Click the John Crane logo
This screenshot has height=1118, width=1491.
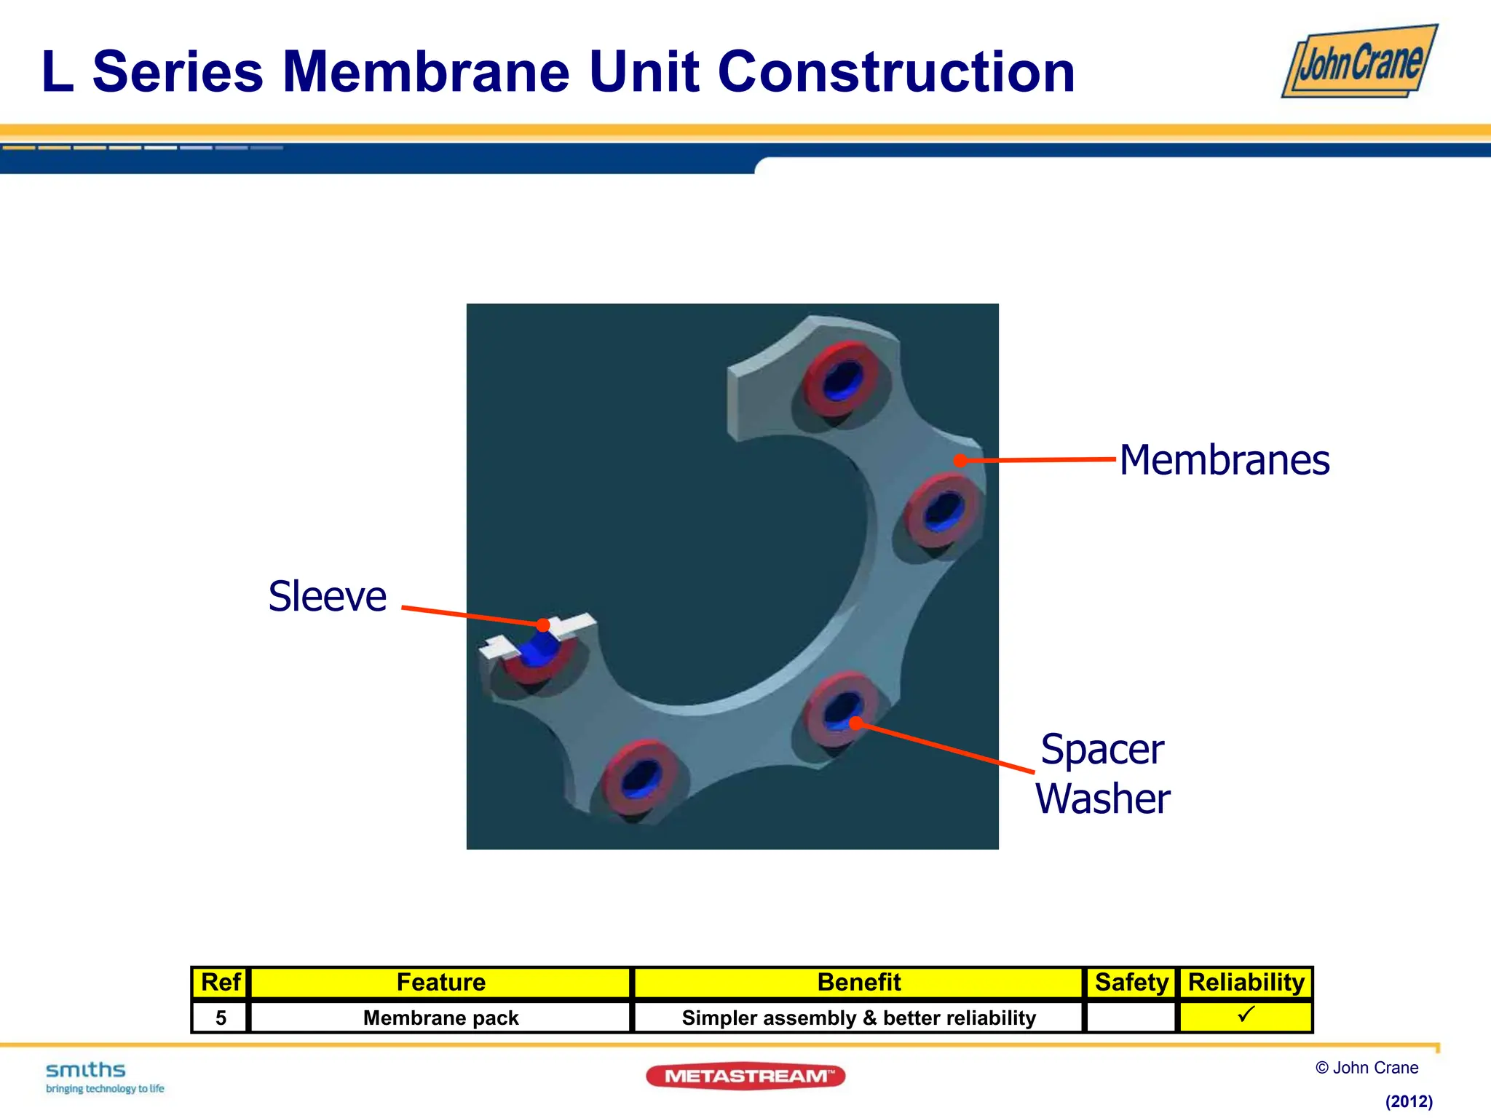1359,61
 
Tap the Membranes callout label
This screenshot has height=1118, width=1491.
1224,460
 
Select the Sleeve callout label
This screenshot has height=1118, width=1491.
327,596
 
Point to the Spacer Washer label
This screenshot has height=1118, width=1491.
1102,774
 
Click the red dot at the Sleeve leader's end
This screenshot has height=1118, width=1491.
543,625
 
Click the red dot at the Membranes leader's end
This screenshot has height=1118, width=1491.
960,461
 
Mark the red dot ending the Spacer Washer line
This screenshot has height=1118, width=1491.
856,723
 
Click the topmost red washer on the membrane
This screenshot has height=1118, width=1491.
843,379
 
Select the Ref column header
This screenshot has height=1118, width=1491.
220,983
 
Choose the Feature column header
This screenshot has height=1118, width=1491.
440,983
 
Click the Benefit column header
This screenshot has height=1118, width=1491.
858,983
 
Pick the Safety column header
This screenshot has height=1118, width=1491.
1131,983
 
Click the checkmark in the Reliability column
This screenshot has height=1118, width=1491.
1246,1014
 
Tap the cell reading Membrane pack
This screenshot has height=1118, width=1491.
440,1018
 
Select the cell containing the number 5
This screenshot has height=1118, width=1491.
220,1018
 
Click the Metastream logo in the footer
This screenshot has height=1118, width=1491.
745,1076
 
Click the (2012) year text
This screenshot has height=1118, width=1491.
1408,1101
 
